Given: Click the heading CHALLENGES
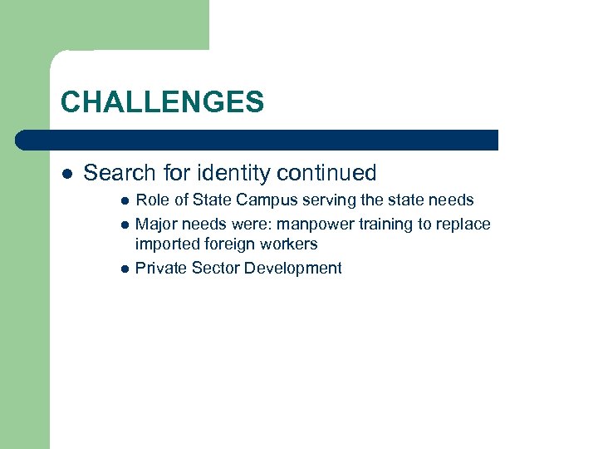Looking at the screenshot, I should pos(162,102).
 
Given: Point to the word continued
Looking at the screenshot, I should pos(326,173).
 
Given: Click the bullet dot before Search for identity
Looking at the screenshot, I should pos(67,174).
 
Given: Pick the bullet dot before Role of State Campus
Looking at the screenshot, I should pos(124,200).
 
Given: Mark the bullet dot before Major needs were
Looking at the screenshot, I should pos(124,224).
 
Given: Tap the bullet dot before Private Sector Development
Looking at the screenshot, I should pos(124,269).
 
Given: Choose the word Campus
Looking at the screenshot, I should pos(265,200).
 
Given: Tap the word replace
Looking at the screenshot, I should pos(462,224).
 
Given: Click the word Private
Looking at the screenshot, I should pos(160,268).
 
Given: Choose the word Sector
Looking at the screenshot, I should pos(214,268).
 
